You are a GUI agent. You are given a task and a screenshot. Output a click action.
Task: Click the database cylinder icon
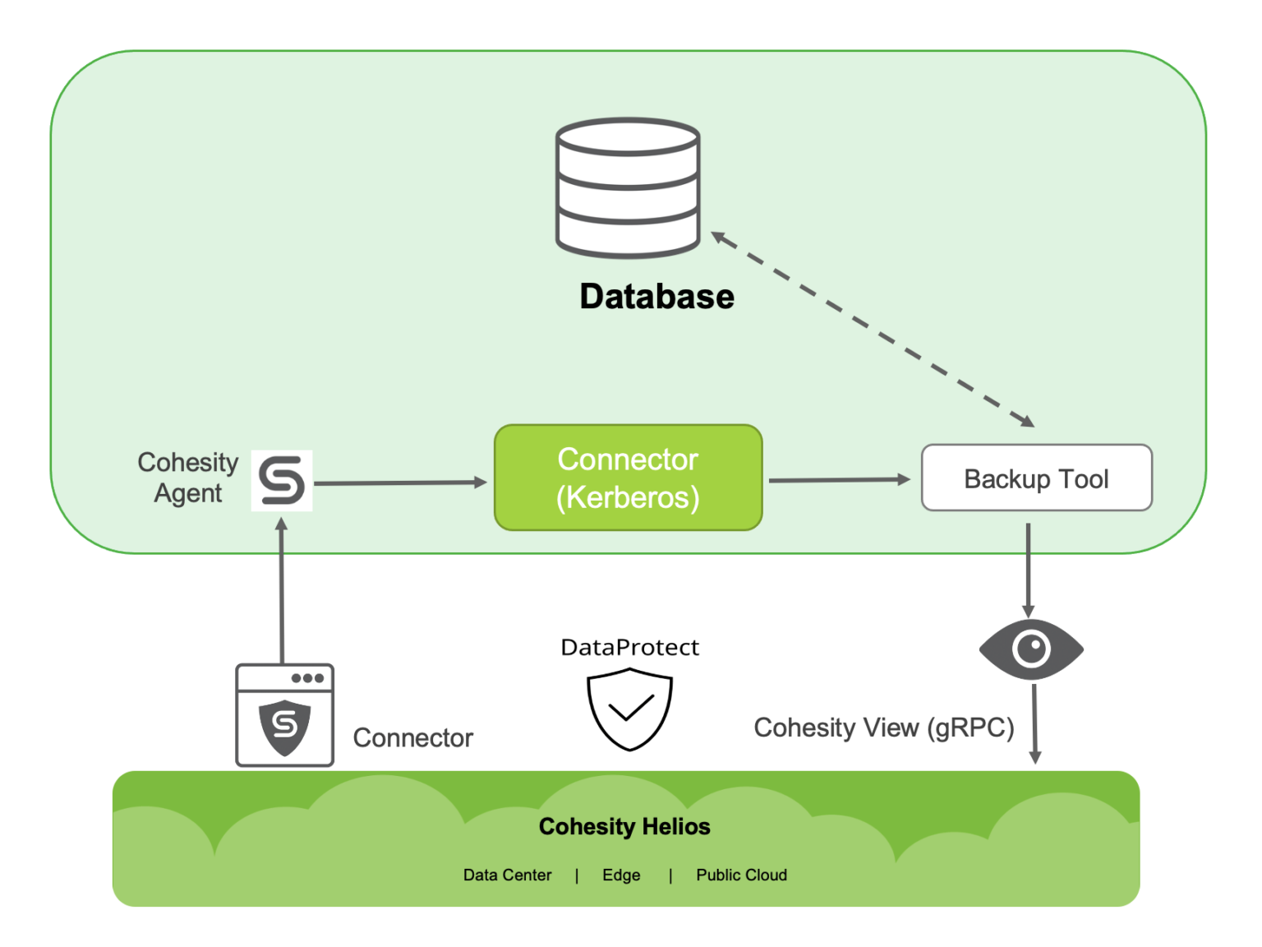[628, 187]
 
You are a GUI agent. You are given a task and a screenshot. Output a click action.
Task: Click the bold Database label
[656, 297]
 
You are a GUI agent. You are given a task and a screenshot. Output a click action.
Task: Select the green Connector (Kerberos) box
[628, 478]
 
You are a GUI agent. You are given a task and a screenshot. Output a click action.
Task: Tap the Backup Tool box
[1036, 478]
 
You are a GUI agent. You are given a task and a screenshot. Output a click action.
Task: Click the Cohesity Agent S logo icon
[282, 481]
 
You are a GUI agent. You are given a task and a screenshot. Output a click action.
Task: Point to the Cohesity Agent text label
[187, 478]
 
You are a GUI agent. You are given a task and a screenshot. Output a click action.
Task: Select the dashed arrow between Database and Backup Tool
[873, 330]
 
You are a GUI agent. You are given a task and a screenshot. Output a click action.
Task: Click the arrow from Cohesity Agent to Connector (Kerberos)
[401, 483]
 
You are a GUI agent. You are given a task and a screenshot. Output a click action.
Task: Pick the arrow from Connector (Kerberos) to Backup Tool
[838, 479]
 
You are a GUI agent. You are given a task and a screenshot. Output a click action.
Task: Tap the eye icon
[1031, 649]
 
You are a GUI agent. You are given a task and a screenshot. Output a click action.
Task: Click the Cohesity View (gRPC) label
[883, 728]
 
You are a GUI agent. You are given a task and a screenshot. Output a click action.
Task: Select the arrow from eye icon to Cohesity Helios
[1034, 723]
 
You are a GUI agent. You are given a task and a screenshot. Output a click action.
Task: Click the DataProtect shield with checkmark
[629, 709]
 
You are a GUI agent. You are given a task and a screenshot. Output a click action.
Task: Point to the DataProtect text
[629, 648]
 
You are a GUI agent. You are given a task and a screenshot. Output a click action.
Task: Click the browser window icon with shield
[284, 715]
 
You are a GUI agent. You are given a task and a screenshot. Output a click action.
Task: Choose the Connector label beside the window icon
[412, 738]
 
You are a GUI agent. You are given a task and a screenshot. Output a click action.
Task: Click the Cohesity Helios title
[624, 826]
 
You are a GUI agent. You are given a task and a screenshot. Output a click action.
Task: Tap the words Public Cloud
[741, 875]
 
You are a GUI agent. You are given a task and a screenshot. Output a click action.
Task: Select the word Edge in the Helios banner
[621, 875]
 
